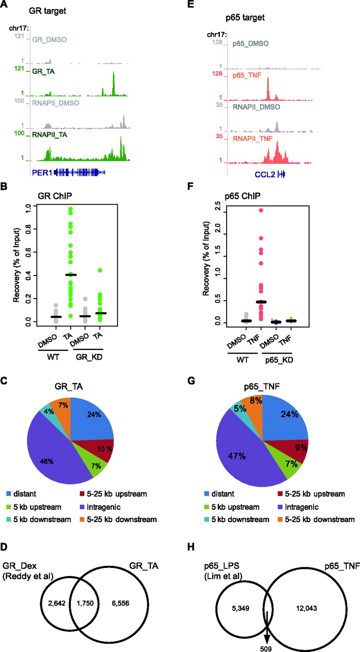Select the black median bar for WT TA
click(71, 275)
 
